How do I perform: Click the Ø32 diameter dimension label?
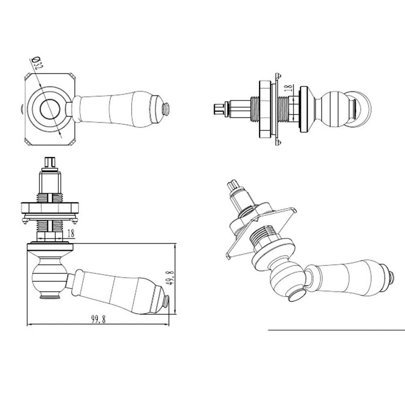click(x=37, y=63)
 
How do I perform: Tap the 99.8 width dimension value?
click(x=98, y=319)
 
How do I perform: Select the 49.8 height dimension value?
click(x=171, y=278)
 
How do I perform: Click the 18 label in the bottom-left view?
click(x=71, y=234)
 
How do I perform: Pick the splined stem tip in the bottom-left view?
click(x=50, y=162)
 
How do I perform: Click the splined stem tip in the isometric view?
click(x=232, y=186)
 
